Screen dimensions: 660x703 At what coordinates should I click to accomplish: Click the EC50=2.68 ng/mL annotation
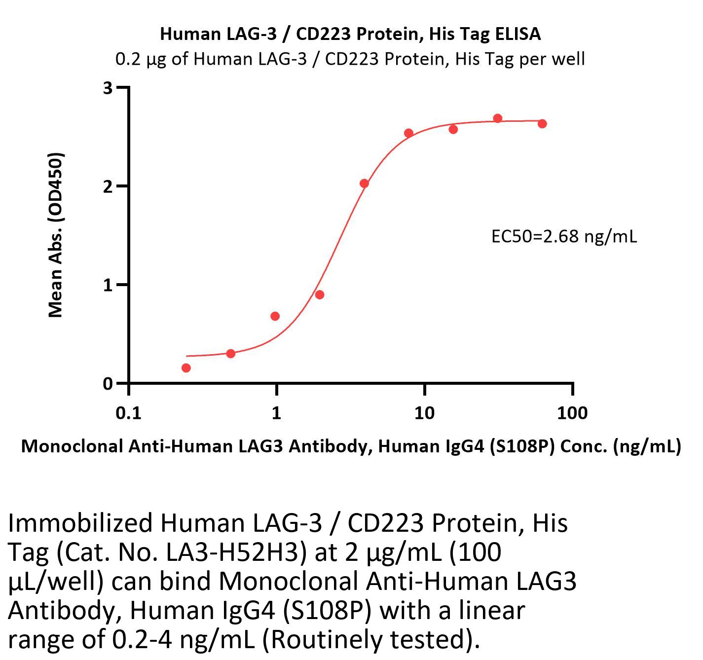564,237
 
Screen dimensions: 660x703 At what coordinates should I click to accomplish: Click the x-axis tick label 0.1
128,412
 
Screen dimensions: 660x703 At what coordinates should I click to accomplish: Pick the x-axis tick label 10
424,412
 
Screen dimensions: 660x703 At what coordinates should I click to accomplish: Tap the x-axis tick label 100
572,412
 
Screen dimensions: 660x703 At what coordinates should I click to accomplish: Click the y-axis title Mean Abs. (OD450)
56,235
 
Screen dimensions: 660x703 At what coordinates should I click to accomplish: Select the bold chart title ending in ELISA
351,34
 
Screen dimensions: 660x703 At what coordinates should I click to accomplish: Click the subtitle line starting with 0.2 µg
350,59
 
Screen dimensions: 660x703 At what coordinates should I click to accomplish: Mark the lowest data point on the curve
186,368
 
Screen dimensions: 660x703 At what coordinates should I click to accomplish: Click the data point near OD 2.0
364,183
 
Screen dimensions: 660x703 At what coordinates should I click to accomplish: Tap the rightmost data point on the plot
542,124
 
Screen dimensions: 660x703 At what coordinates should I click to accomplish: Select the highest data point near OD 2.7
498,118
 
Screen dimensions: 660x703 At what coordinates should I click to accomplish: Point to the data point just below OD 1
320,295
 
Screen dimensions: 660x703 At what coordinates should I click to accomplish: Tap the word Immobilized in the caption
80,523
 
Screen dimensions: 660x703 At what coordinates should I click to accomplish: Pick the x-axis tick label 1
276,412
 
